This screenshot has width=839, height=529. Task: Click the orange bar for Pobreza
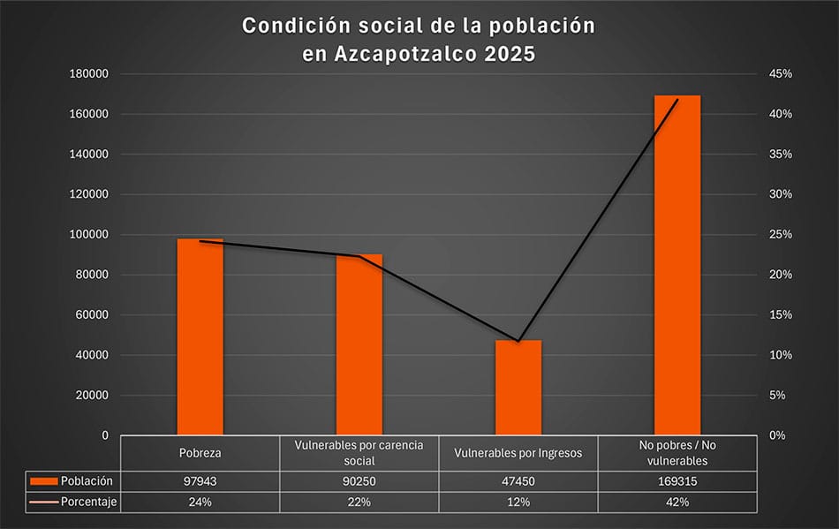(200, 336)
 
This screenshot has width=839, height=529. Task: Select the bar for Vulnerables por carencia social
(359, 344)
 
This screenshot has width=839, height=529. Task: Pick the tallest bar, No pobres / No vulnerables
(677, 265)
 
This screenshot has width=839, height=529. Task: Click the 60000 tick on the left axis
(91, 315)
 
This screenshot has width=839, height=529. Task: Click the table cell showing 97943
(200, 481)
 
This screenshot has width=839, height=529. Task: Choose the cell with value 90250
(359, 481)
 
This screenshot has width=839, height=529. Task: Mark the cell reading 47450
(518, 481)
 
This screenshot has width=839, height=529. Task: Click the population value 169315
(677, 481)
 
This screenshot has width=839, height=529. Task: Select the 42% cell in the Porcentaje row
(677, 503)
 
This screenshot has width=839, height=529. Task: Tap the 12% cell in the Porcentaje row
(518, 503)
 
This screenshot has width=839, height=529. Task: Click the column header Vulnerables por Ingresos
(518, 453)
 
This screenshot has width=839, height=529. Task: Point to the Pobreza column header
(200, 453)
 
